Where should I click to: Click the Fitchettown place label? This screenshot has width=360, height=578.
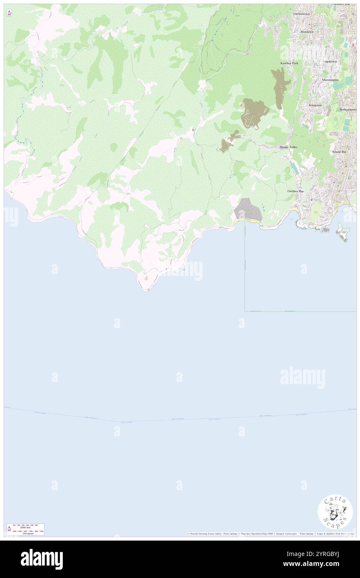click(x=302, y=14)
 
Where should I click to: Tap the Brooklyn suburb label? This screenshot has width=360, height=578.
click(x=306, y=32)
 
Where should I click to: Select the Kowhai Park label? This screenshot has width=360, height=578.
click(x=289, y=63)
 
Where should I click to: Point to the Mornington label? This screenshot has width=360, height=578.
click(x=330, y=79)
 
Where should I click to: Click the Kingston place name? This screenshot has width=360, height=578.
click(x=315, y=105)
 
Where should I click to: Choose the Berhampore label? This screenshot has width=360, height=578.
click(x=348, y=109)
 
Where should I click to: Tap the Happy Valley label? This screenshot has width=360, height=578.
click(x=288, y=147)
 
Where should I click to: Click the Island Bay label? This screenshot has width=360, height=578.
click(x=339, y=152)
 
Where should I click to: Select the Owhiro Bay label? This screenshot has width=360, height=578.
click(x=296, y=191)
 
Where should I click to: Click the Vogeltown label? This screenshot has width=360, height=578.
click(x=330, y=61)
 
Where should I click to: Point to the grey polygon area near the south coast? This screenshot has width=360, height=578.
click(x=247, y=209)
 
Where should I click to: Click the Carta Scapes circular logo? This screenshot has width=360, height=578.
click(x=335, y=511)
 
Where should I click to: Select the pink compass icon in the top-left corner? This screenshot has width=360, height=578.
click(x=9, y=13)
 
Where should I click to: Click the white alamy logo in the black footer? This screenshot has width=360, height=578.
click(x=42, y=559)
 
